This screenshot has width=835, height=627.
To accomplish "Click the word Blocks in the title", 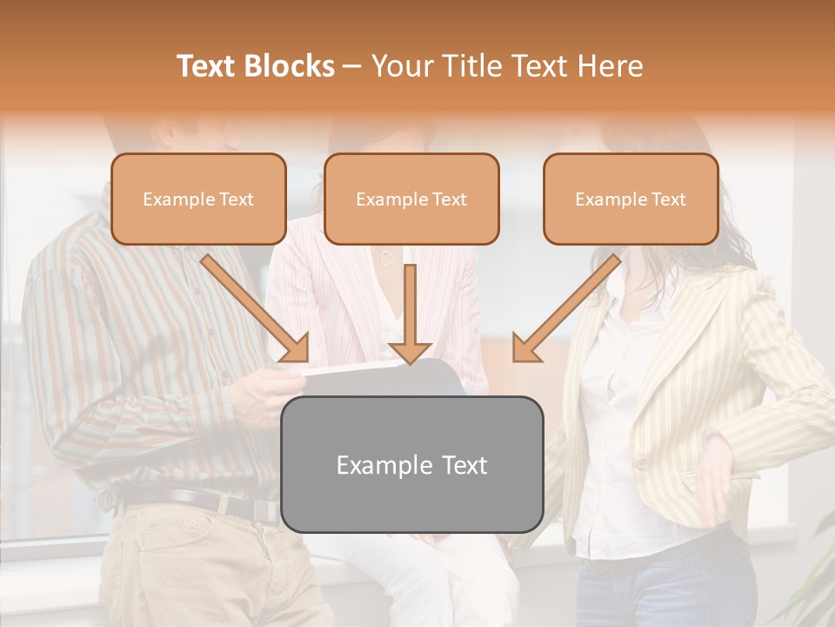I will [290, 66].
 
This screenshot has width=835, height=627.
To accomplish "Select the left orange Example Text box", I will [198, 199].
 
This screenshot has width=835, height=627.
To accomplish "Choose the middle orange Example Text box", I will [411, 199].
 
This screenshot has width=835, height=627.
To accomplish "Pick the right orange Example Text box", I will [631, 199].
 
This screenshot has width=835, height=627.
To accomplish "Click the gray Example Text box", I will [411, 464].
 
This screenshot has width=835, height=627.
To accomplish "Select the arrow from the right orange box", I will [566, 308].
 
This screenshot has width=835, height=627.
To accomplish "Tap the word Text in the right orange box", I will [668, 199].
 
